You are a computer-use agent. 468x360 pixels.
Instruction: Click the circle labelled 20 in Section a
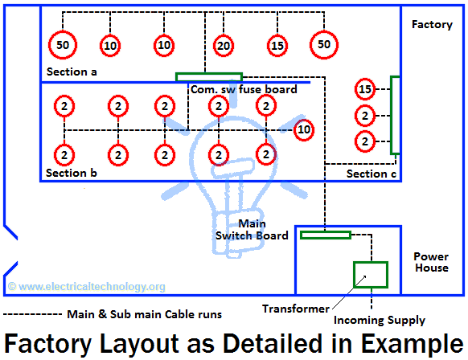point(223,46)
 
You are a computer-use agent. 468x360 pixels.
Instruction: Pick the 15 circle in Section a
point(277,46)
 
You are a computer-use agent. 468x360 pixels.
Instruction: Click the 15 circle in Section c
point(366,89)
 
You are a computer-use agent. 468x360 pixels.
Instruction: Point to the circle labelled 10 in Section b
point(303,129)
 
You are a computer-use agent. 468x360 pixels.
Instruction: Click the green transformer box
point(371,275)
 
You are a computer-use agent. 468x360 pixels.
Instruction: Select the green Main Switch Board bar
point(326,235)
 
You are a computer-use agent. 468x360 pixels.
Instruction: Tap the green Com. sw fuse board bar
point(207,77)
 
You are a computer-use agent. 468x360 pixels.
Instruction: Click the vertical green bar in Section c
point(394,114)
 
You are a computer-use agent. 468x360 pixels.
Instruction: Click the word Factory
point(432,24)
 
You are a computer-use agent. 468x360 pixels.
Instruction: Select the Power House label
point(431,262)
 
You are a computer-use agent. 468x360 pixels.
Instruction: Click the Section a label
point(72,72)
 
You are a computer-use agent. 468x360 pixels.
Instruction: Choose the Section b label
point(72,173)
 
